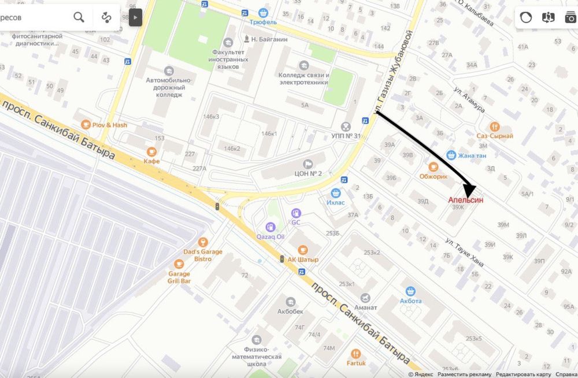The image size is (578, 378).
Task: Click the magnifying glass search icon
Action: click(79, 17)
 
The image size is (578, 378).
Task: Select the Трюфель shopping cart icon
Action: click(264, 12)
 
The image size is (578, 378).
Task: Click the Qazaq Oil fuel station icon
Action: click(270, 227)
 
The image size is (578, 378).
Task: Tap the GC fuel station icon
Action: click(296, 213)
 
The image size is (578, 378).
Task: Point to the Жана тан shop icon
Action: click(451, 155)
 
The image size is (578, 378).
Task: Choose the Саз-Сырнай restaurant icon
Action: click(494, 126)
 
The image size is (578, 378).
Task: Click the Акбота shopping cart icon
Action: click(411, 291)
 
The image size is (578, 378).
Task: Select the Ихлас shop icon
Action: click(335, 193)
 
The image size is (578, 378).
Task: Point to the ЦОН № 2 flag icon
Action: click(307, 164)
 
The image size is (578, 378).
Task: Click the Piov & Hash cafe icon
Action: click(87, 124)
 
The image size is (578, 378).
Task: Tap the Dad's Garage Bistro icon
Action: click(202, 242)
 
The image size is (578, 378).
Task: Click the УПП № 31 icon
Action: click(346, 126)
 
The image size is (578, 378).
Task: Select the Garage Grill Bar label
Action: click(179, 277)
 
